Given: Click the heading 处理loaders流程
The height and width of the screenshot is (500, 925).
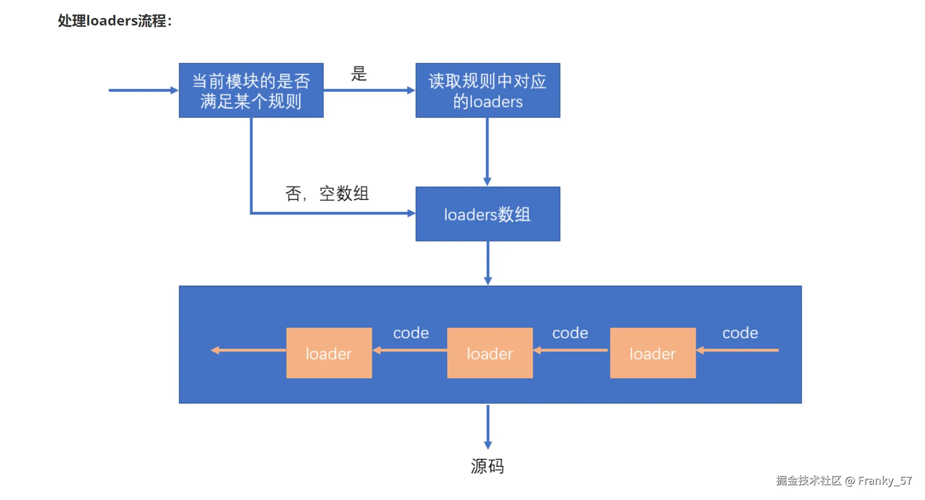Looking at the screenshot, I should pyautogui.click(x=115, y=21).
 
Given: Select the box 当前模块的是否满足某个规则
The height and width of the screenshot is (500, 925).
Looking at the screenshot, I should pyautogui.click(x=251, y=90).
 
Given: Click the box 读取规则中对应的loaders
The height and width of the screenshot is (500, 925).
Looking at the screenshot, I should pyautogui.click(x=487, y=90).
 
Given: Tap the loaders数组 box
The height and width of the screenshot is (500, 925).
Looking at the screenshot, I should pyautogui.click(x=487, y=214).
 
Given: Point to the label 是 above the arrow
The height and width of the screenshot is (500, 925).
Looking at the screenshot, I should pyautogui.click(x=359, y=74).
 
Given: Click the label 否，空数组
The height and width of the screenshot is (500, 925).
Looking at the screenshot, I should pyautogui.click(x=327, y=194).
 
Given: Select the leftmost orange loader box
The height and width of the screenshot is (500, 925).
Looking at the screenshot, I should pyautogui.click(x=329, y=353).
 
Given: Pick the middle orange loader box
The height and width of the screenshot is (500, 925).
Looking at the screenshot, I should pyautogui.click(x=489, y=353).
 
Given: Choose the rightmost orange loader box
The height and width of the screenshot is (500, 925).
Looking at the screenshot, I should pyautogui.click(x=652, y=353).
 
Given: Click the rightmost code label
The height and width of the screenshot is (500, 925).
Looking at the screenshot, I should pyautogui.click(x=740, y=333).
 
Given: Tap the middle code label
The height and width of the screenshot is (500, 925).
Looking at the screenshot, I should pyautogui.click(x=570, y=333).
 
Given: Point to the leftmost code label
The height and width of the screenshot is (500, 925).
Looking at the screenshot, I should pyautogui.click(x=411, y=333).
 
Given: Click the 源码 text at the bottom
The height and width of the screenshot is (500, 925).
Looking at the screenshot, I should pyautogui.click(x=487, y=466).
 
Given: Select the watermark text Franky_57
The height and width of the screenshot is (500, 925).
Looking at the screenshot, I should pyautogui.click(x=885, y=481).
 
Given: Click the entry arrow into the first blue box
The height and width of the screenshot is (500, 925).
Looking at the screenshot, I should pyautogui.click(x=143, y=90).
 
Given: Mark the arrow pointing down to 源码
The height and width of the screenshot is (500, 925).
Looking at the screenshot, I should pyautogui.click(x=488, y=426).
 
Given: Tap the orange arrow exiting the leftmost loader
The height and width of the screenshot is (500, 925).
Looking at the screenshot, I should pyautogui.click(x=248, y=350).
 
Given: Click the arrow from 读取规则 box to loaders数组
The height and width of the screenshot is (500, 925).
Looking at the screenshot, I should pyautogui.click(x=487, y=151).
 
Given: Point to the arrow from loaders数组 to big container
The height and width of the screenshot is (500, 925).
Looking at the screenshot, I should pyautogui.click(x=488, y=263).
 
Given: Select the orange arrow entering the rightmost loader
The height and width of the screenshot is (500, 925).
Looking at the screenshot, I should pyautogui.click(x=738, y=350).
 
